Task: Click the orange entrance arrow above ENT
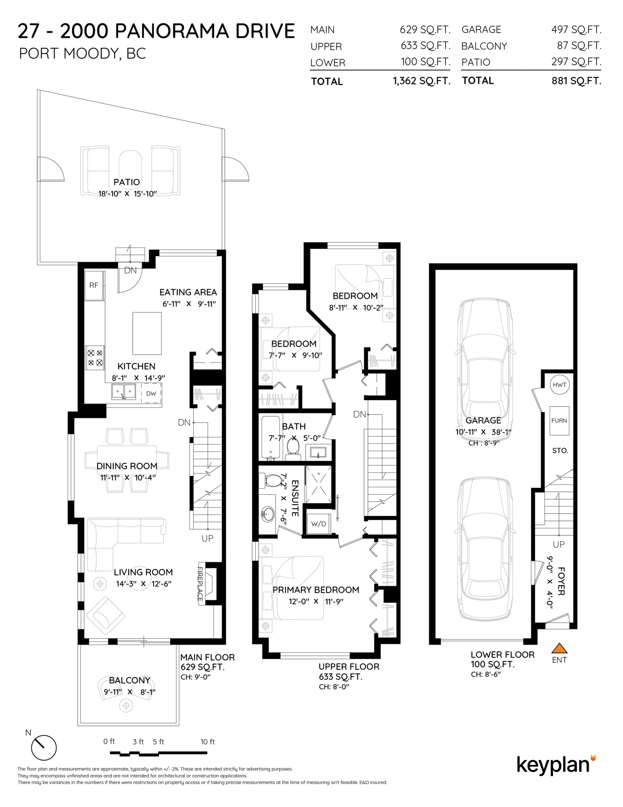559,648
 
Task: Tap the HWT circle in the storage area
559,385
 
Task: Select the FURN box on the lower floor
559,421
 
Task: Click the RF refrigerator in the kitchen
94,285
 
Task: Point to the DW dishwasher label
151,394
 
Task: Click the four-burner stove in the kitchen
95,358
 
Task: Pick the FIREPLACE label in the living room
200,584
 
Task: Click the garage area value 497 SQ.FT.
576,30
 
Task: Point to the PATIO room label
127,182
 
